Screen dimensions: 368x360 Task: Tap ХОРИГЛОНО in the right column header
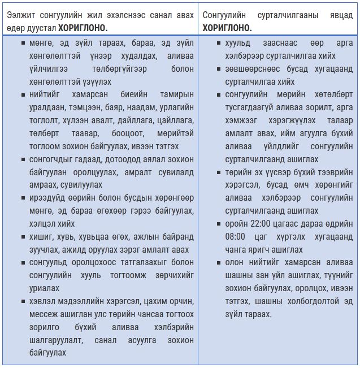[227, 27]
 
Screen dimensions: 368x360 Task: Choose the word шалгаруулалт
[55, 340]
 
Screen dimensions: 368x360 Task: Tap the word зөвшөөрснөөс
[249, 69]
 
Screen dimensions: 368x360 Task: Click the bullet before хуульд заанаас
[219, 43]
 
